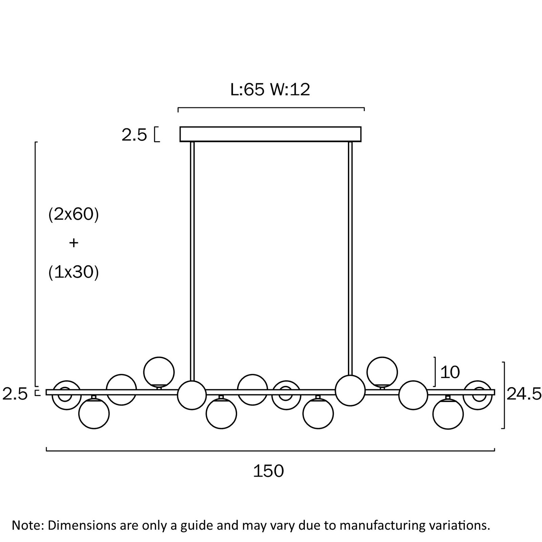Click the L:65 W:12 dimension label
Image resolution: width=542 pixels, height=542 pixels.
[x=270, y=90]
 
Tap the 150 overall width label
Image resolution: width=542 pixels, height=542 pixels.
[x=269, y=471]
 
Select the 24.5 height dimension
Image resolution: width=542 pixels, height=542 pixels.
[x=524, y=394]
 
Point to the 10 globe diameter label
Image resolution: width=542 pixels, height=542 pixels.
[x=450, y=372]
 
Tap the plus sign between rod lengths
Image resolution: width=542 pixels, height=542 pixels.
[x=74, y=243]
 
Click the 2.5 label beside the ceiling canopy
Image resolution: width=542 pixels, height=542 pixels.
[x=134, y=135]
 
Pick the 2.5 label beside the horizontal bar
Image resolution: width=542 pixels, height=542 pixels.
[x=15, y=395]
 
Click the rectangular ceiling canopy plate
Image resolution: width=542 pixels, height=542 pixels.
[x=270, y=134]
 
